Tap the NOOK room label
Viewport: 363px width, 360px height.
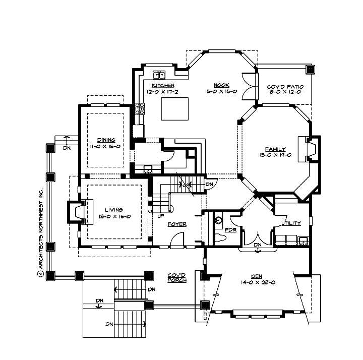(x=221, y=85)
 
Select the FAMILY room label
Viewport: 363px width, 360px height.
(x=276, y=149)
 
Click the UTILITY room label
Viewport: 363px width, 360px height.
(x=291, y=223)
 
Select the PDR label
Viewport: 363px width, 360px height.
(x=230, y=230)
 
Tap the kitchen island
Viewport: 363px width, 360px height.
(x=174, y=108)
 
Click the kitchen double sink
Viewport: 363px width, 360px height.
(x=160, y=76)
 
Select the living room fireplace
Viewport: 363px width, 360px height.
(x=76, y=212)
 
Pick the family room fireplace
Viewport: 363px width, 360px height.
(x=309, y=149)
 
